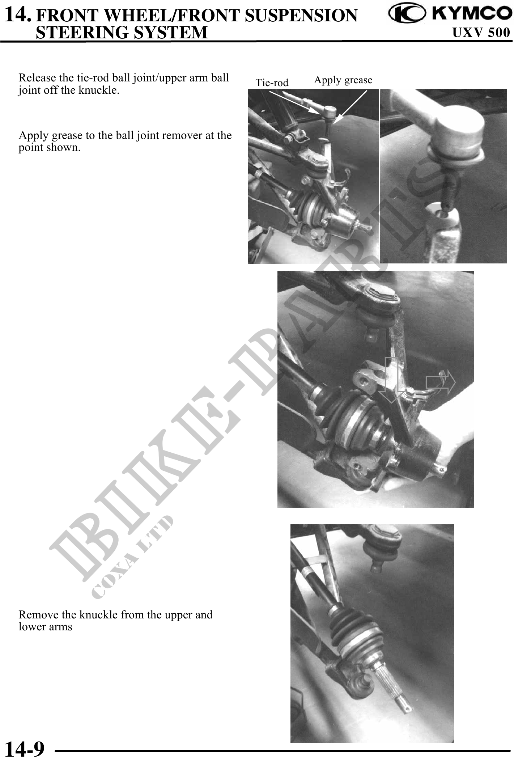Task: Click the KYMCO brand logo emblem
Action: click(407, 13)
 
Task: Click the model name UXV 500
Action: click(481, 33)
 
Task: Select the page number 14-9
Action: click(25, 749)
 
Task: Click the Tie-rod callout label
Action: click(272, 83)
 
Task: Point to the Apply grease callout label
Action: click(343, 80)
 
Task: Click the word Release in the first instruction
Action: click(37, 78)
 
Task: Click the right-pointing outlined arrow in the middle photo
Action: click(441, 382)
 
